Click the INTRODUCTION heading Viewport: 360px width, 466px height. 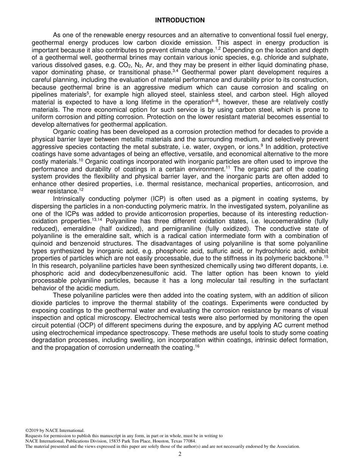[x=180, y=20]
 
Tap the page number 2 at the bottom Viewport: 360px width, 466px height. [x=180, y=454]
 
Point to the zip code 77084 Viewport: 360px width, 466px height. [x=189, y=441]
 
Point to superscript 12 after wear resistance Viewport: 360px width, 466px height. [x=81, y=190]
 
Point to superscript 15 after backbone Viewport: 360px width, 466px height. [x=326, y=257]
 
